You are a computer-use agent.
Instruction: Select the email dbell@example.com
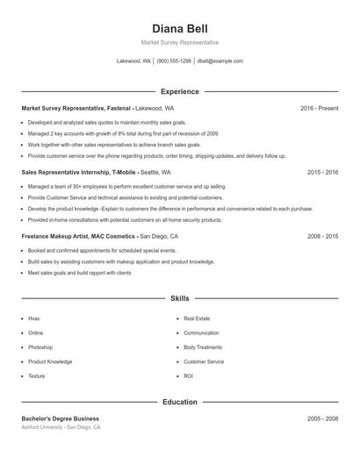220,61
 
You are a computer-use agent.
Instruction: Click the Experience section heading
180,91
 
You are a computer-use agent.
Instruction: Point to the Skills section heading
180,298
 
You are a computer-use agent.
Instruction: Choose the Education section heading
180,402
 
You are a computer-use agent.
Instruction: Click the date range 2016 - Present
319,108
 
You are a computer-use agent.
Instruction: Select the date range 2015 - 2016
322,173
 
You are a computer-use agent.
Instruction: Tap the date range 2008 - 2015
322,237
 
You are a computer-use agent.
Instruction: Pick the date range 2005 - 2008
322,418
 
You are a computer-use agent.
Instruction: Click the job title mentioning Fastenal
76,108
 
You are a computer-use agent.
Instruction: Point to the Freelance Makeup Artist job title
78,237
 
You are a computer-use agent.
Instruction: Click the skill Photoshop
41,347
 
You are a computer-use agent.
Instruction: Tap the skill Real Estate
197,318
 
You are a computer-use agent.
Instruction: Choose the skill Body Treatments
203,347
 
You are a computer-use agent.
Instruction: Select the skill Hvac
34,318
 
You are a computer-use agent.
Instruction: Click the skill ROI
188,376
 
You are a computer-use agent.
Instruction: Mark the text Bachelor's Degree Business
61,418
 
